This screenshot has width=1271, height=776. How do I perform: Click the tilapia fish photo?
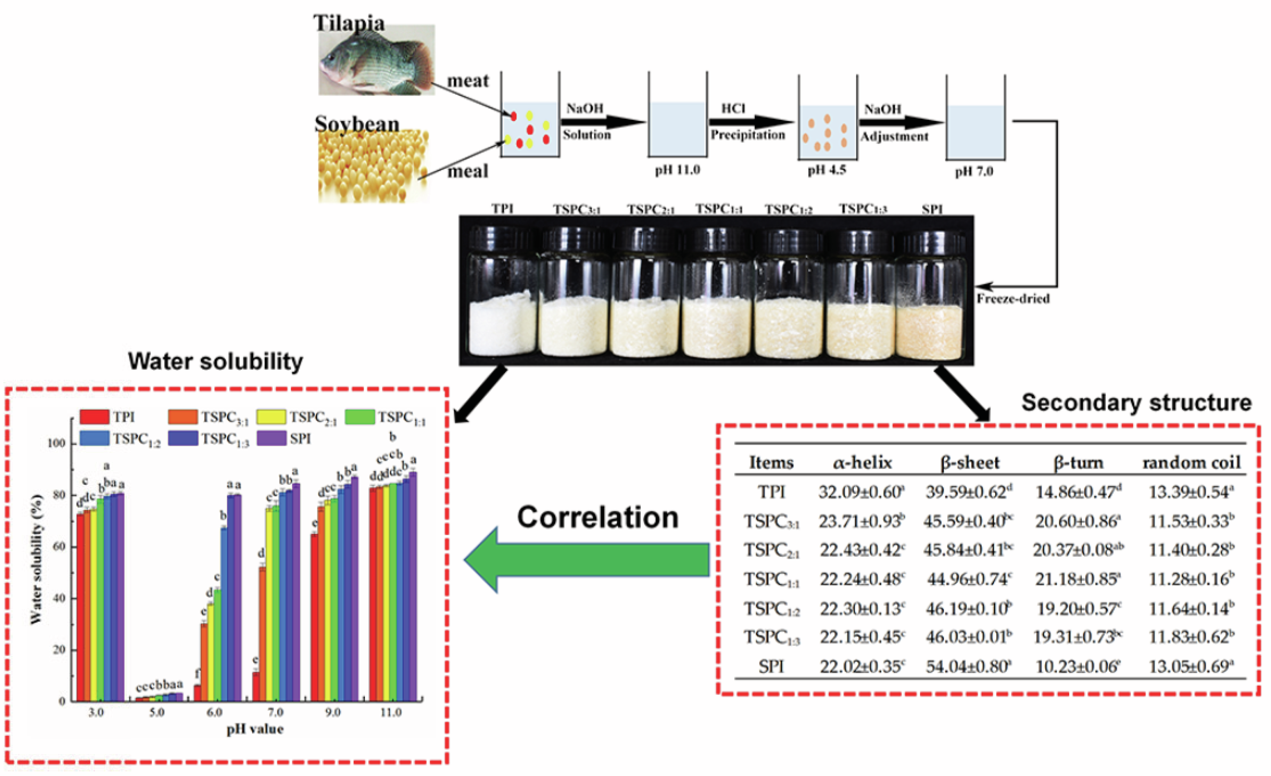click(x=376, y=61)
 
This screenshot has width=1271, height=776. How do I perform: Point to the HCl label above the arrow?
click(x=733, y=108)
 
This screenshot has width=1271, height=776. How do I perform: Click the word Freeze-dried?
click(x=1013, y=299)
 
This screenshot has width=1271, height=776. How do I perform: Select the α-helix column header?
click(x=862, y=462)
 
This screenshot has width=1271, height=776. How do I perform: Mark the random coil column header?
click(x=1191, y=462)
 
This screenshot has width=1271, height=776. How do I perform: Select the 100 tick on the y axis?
click(x=56, y=443)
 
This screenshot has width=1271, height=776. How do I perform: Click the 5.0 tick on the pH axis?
click(x=157, y=712)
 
